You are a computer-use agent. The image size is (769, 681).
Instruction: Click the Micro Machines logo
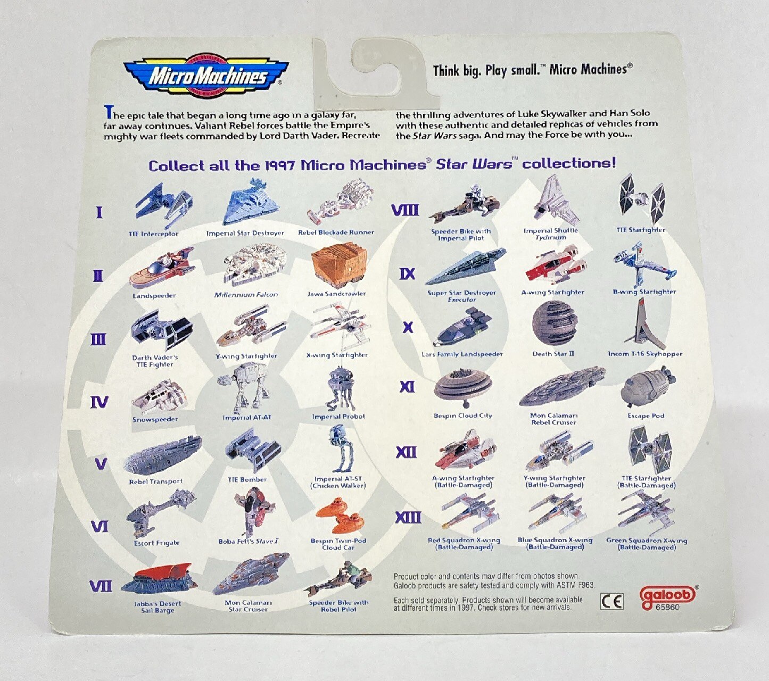pos(206,76)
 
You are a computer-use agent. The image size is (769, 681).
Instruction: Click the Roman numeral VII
pos(101,586)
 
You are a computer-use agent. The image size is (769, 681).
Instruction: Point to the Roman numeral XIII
pos(408,517)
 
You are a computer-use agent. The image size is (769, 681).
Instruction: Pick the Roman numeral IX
pos(407,273)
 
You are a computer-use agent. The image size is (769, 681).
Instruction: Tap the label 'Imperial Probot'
pos(338,417)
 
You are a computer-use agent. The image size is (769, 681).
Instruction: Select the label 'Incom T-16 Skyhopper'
pos(645,354)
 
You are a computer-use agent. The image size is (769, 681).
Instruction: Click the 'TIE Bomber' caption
pos(247,479)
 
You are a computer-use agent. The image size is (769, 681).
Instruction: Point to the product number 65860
pos(668,607)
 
